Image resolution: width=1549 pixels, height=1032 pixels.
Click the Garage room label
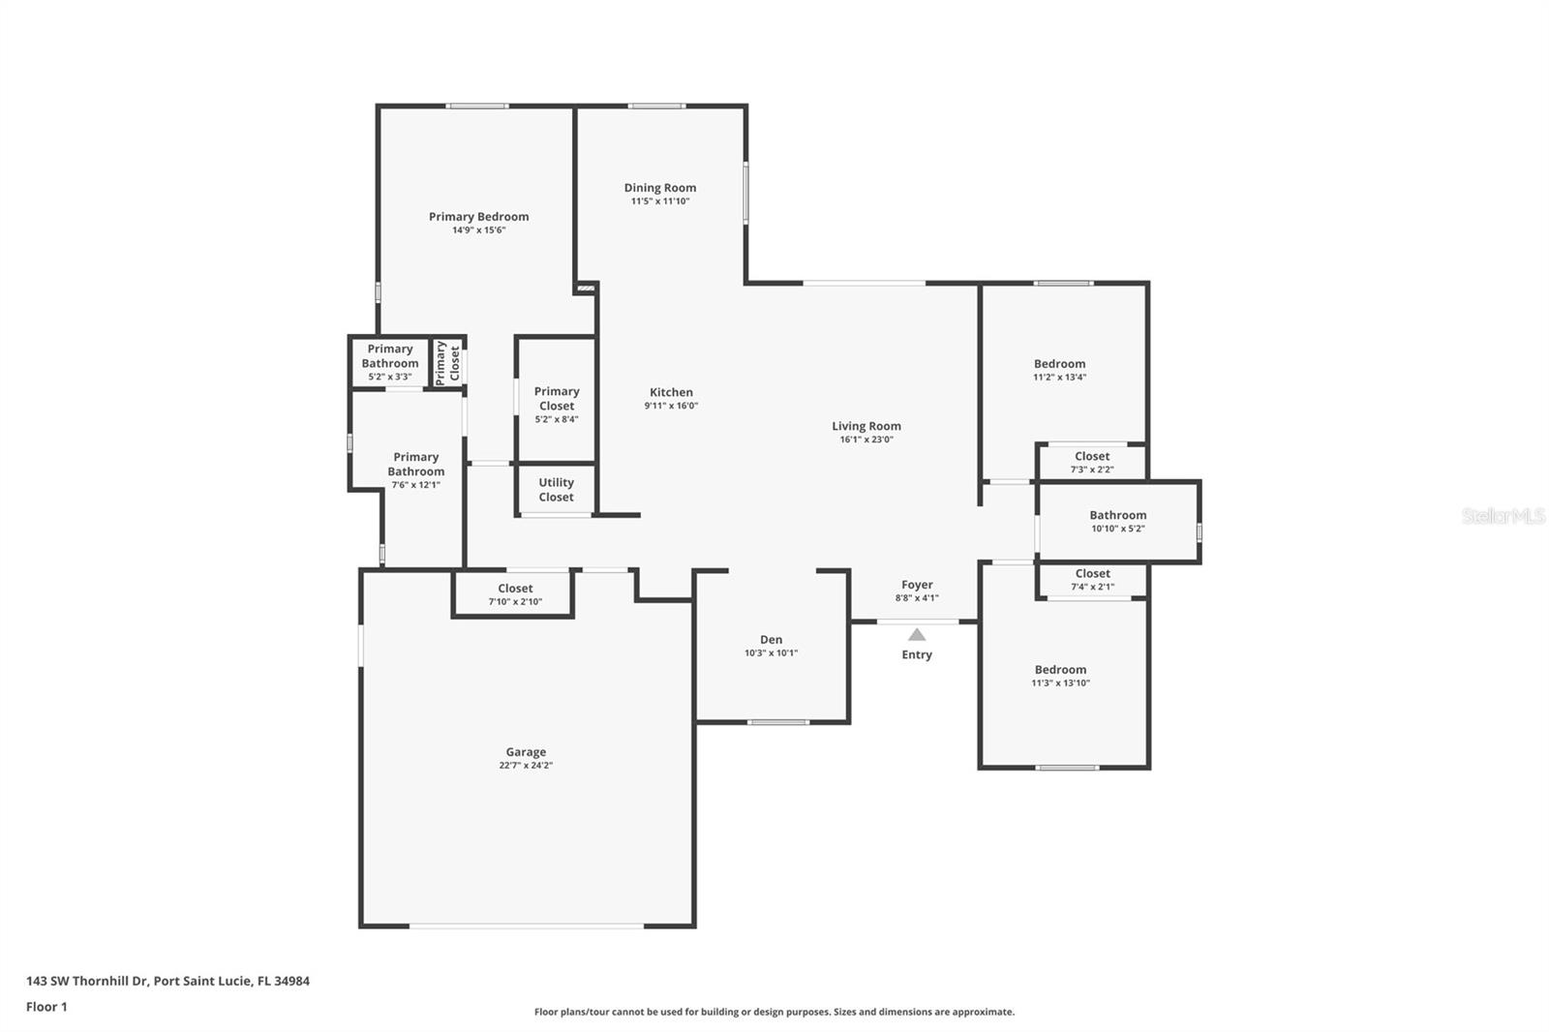526,752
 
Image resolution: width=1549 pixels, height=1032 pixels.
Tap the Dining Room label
659,188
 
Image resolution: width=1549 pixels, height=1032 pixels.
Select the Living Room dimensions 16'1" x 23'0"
866,440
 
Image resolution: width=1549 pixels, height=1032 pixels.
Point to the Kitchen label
671,392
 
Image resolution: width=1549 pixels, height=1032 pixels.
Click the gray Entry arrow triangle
917,635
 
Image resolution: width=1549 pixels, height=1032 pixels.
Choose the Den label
771,640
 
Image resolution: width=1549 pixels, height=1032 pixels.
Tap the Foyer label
917,585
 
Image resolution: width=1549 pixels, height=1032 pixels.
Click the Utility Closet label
556,490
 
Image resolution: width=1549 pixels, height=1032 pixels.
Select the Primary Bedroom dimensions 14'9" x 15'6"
479,230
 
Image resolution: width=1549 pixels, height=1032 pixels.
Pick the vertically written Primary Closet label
447,363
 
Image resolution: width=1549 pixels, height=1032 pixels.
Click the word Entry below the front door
917,654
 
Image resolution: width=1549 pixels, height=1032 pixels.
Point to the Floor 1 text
47,1007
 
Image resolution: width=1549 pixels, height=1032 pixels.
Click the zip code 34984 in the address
291,981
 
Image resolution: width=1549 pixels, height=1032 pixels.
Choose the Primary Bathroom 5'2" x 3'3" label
390,362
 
